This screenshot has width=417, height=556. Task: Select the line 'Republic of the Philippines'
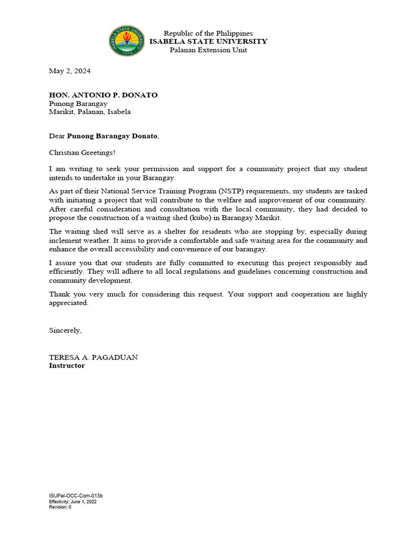pos(208,33)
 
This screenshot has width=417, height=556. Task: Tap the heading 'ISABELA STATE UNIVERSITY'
pos(208,41)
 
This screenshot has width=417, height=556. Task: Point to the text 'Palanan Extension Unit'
pos(208,50)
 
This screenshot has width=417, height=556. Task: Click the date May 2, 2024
pos(69,71)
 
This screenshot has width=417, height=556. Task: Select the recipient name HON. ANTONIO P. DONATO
pos(103,95)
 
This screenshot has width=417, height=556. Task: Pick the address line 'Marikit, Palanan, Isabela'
pos(90,112)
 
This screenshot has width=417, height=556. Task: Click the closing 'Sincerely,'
pos(65,330)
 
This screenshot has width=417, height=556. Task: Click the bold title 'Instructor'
pos(67,365)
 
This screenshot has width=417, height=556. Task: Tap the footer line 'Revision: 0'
pos(60,507)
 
